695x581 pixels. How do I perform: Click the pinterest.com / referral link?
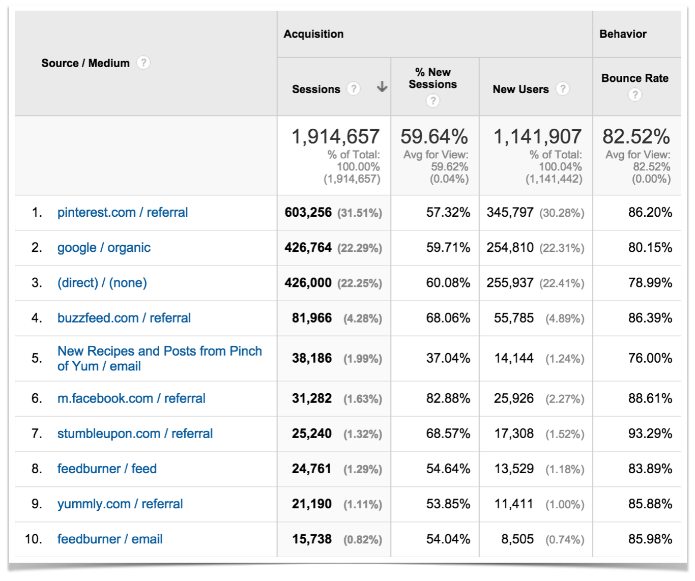(x=122, y=212)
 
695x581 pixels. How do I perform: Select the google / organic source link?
(x=104, y=247)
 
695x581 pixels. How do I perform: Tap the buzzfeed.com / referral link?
(x=124, y=318)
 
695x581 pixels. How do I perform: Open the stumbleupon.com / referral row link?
(x=135, y=433)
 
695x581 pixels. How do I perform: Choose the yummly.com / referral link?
(x=120, y=504)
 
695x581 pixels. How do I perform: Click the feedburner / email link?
(x=110, y=539)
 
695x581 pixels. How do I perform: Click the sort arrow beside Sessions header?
(x=382, y=88)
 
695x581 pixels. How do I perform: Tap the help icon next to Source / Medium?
(x=144, y=63)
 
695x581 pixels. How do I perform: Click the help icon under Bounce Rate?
(x=634, y=95)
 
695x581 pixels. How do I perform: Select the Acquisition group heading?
(x=313, y=34)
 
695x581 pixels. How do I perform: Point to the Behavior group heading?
(x=623, y=34)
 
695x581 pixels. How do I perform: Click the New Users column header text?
(x=520, y=89)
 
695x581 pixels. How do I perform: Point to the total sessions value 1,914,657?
(x=335, y=136)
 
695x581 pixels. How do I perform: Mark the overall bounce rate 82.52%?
(x=636, y=136)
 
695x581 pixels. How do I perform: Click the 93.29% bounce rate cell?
(x=650, y=433)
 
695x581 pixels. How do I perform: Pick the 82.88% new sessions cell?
(x=448, y=398)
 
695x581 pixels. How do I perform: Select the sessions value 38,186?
(x=311, y=358)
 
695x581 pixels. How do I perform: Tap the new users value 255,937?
(x=510, y=283)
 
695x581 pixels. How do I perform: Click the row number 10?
(x=34, y=539)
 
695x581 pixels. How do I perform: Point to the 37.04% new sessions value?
(x=448, y=358)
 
